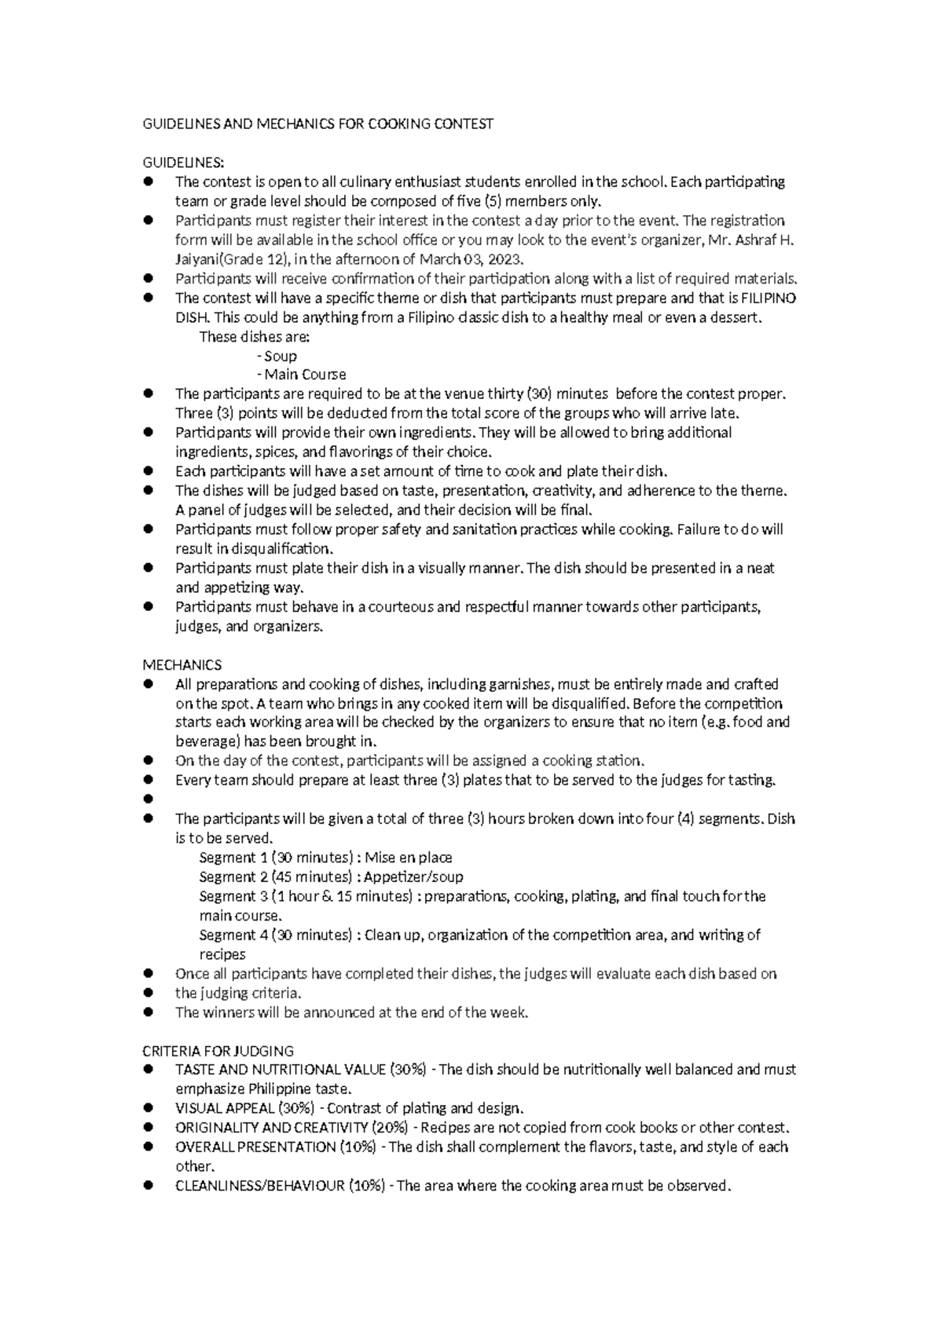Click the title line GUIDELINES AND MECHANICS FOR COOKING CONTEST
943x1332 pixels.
point(317,124)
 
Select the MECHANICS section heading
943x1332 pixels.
point(182,665)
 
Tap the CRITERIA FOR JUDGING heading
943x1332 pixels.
point(218,1051)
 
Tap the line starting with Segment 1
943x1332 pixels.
point(325,858)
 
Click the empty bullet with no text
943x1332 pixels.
point(147,800)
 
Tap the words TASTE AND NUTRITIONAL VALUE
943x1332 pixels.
point(281,1070)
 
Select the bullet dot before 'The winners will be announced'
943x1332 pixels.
point(147,1012)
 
